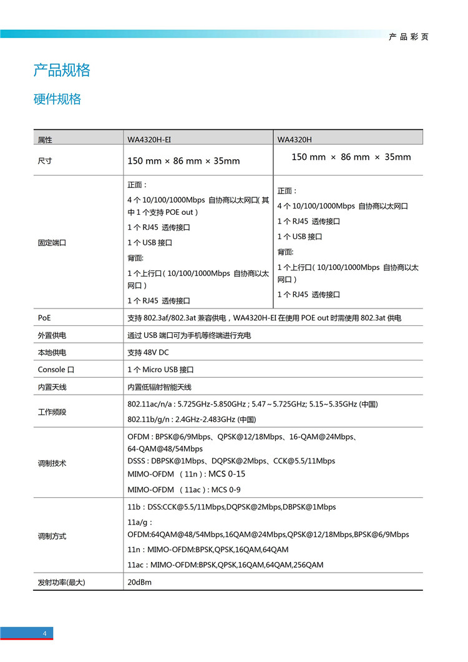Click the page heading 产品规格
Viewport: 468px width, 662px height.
coord(62,70)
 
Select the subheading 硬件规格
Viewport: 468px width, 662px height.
coord(57,99)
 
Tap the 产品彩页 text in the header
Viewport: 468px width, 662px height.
coord(409,37)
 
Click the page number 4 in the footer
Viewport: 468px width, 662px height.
coord(45,634)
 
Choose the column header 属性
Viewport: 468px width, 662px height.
coord(45,139)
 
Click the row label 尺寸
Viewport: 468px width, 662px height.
coord(45,161)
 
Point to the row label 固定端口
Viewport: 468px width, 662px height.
coord(52,243)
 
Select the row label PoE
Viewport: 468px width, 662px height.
coord(44,318)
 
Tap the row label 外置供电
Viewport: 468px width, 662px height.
coord(52,335)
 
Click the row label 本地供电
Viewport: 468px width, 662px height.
coord(52,353)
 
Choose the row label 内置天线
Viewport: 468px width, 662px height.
coord(52,387)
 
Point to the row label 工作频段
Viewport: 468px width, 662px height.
coord(52,412)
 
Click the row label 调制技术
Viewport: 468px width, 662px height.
coord(52,463)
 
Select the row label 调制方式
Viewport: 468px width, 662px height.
coord(52,536)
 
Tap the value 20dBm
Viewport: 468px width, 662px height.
coord(140,582)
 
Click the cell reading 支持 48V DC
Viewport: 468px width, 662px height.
coord(148,353)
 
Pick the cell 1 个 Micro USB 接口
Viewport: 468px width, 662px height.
coord(160,370)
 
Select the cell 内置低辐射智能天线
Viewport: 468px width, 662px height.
coord(159,387)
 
